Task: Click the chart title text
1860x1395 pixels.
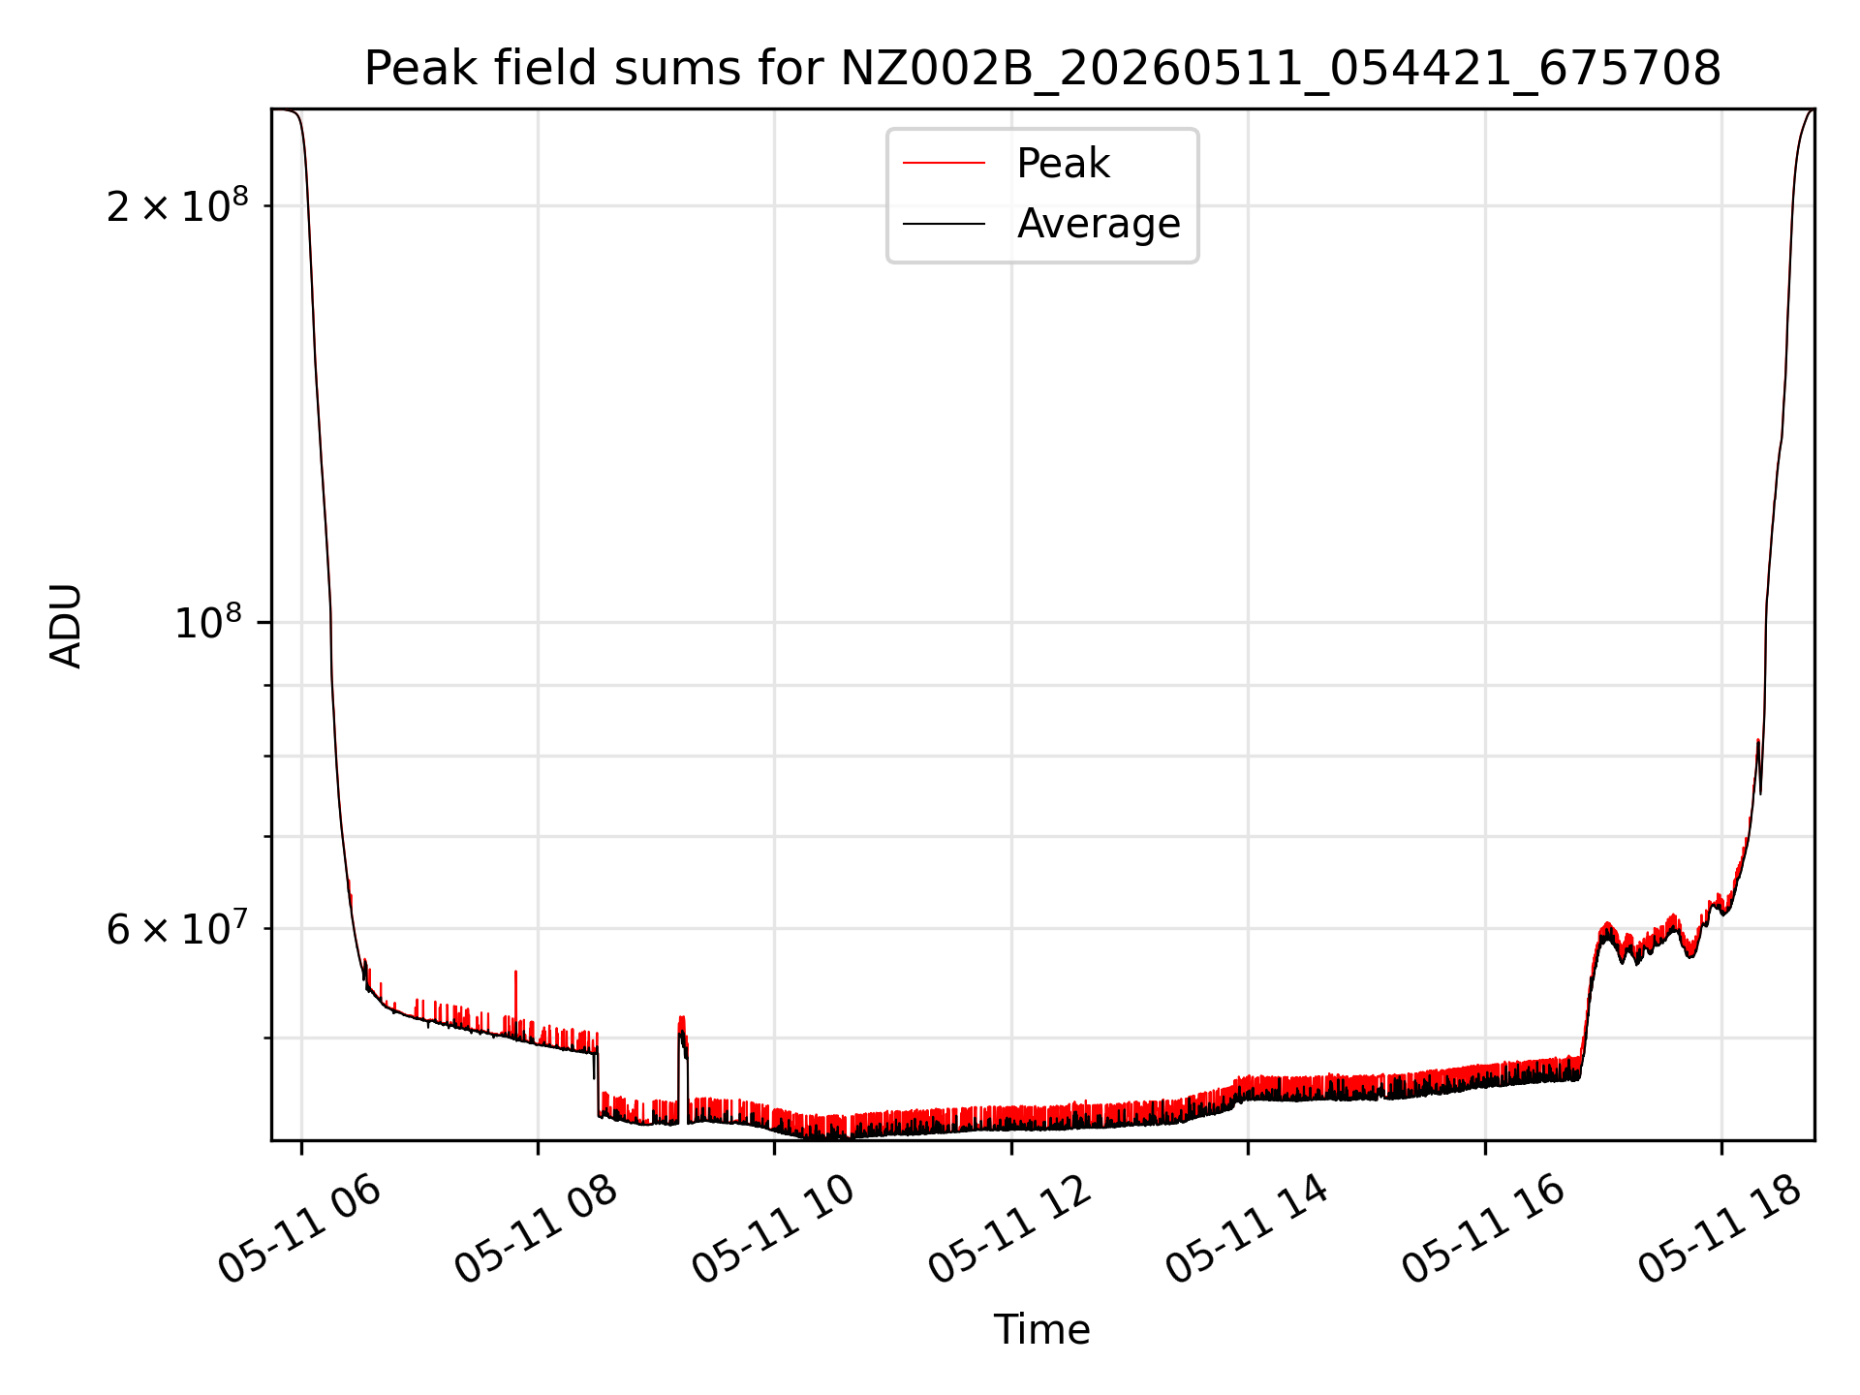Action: [x=1042, y=69]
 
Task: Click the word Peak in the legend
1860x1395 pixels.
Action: [x=1063, y=164]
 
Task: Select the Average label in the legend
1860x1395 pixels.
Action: [x=1099, y=224]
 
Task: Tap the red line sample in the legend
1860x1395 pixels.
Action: [x=944, y=164]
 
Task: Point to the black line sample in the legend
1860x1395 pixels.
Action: [x=944, y=224]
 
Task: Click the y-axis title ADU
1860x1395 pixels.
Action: [x=66, y=626]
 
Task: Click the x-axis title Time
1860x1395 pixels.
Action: [x=1042, y=1329]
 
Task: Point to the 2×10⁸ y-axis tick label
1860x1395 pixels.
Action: [x=177, y=204]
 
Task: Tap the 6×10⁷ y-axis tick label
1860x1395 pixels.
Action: [x=177, y=928]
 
